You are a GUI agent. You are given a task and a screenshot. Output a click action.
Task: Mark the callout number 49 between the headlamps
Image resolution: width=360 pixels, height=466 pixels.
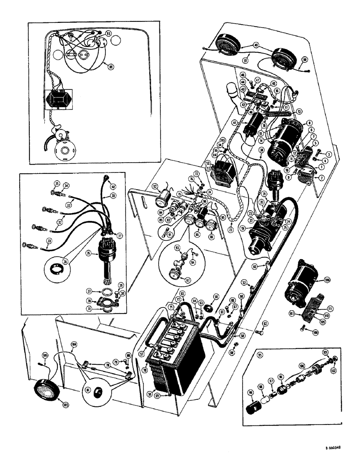(256, 45)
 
